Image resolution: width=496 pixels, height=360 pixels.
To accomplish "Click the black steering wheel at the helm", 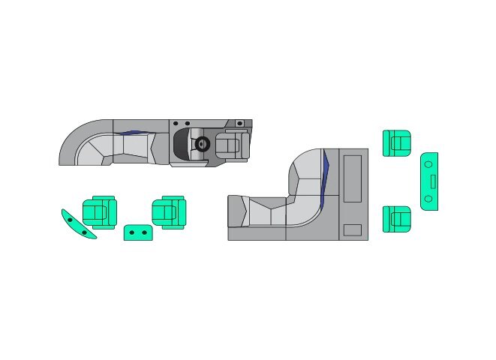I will coord(201,145).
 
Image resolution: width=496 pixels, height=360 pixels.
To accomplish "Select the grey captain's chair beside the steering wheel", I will coord(233,144).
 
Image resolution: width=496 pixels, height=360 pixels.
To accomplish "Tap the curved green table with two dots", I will coord(78,225).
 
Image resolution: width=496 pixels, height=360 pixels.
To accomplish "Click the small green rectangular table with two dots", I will coord(138,232).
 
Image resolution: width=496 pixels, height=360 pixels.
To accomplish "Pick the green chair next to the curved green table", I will coord(99,212).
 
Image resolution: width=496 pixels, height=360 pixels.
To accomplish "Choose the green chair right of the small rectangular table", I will coord(169,212).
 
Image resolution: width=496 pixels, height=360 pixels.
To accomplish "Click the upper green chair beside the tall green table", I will coord(397,142).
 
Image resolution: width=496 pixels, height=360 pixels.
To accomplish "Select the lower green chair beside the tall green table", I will coord(397,219).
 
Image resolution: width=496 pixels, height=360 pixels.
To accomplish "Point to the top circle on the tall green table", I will coord(428,162).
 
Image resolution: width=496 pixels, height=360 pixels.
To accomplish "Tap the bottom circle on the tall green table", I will coord(428,199).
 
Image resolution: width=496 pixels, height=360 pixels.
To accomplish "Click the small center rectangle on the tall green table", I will coord(432,181).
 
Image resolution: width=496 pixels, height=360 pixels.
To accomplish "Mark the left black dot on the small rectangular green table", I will coord(133,233).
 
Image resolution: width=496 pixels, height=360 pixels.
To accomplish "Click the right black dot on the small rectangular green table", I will coord(144,233).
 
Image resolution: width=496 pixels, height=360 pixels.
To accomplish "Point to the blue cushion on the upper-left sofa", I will coord(131,133).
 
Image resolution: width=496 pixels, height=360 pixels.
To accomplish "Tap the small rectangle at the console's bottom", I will coord(353,229).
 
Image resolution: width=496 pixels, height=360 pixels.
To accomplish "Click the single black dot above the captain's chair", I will coord(239,122).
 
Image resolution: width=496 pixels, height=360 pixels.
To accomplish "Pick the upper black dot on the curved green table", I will coord(71,220).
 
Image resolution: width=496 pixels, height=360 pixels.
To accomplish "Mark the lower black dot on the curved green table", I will coord(86,232).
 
